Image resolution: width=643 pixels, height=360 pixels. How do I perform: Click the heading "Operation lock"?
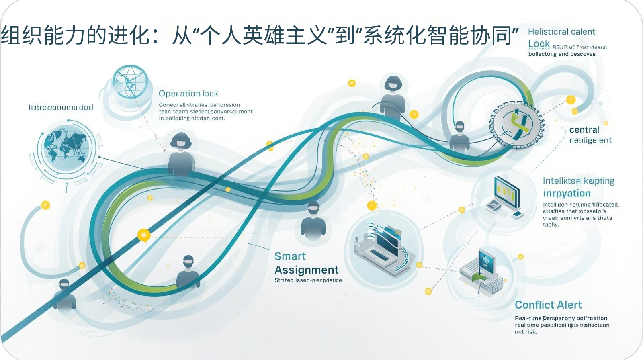click(x=188, y=94)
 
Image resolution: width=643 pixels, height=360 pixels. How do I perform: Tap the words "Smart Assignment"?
click(x=306, y=263)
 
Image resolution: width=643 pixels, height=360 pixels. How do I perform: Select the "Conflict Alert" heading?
click(x=548, y=305)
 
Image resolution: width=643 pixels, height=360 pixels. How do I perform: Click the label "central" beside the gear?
click(x=584, y=130)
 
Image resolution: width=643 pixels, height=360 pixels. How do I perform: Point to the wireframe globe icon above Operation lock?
click(x=129, y=82)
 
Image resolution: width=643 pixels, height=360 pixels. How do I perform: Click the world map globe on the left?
click(x=66, y=147)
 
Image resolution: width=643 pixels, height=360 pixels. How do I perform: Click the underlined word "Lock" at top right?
click(x=539, y=44)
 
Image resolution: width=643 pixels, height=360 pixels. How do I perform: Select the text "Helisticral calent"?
click(x=561, y=32)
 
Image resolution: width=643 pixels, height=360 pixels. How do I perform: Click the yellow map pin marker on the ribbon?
click(x=143, y=235)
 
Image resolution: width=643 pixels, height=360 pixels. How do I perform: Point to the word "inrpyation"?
click(x=567, y=194)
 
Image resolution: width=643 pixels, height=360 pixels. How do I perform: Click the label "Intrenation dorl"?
click(x=61, y=108)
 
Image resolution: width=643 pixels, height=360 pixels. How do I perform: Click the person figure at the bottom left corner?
click(x=64, y=295)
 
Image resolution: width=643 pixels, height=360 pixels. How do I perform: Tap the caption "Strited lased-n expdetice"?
click(x=308, y=280)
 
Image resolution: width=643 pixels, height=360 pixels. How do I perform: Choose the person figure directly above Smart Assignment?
click(x=313, y=221)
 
